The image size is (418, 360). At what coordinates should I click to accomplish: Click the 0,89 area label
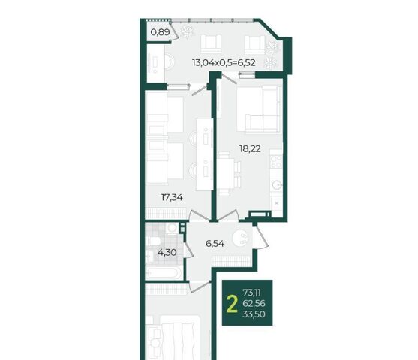pos(160,32)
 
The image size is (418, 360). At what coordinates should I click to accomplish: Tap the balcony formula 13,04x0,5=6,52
pos(224,62)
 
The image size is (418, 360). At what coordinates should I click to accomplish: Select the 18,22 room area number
pos(250,149)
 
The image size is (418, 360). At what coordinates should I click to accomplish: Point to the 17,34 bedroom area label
pos(172,197)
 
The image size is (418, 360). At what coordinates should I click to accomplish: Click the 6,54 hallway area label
pos(215,243)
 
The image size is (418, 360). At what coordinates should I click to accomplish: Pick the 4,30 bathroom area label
pos(167,252)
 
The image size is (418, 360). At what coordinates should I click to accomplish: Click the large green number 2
pos(232,304)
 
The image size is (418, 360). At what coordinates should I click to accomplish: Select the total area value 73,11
pos(251,292)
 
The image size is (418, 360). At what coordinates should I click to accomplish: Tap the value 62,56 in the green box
pos(254,303)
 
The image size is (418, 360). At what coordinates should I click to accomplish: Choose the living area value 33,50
pos(254,314)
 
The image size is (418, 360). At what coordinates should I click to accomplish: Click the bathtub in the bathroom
pos(164,272)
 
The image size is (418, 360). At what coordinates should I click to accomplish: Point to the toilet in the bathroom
pos(153,241)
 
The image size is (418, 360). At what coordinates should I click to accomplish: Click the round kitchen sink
pos(276,184)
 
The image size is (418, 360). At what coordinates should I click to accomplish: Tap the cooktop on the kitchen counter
pos(276,161)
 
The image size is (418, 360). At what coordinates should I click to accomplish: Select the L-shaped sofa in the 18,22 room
pos(259,109)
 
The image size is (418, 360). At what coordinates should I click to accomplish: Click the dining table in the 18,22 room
pos(227,173)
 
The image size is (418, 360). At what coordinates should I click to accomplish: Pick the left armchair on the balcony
pos(211,44)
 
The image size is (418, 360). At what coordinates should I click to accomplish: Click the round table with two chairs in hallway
pos(242,238)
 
